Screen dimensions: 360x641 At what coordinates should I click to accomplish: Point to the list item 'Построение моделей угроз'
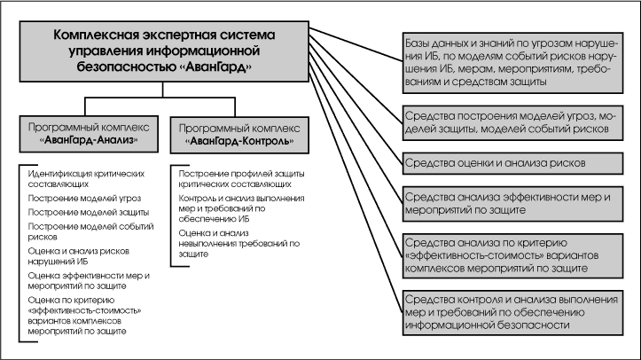[72, 198]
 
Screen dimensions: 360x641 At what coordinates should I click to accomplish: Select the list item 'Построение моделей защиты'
[75, 212]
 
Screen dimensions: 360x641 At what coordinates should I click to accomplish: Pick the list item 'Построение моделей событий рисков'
[77, 232]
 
